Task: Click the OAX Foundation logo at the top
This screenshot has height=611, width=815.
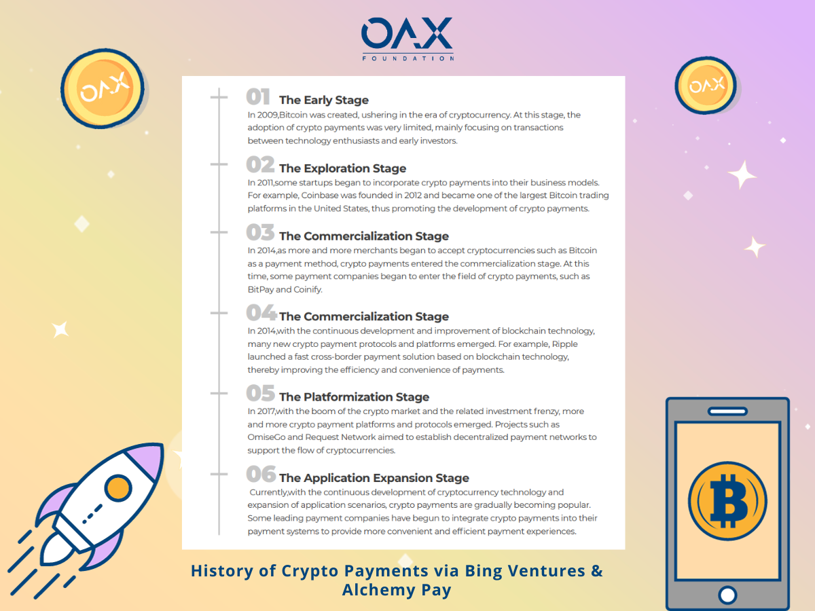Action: pyautogui.click(x=407, y=39)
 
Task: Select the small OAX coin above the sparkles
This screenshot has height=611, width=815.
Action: pyautogui.click(x=706, y=86)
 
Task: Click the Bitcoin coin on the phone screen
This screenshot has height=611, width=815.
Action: pyautogui.click(x=727, y=500)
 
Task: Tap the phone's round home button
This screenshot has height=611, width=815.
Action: pyautogui.click(x=727, y=595)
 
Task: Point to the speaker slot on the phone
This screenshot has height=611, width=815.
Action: pyautogui.click(x=727, y=411)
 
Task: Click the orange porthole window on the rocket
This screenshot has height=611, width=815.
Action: pyautogui.click(x=118, y=488)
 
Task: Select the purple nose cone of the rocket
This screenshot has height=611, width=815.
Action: pyautogui.click(x=147, y=461)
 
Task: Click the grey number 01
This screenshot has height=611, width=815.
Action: pyautogui.click(x=257, y=97)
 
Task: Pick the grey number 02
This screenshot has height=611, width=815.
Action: pyautogui.click(x=260, y=164)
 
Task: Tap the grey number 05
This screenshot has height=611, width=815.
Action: pyautogui.click(x=260, y=393)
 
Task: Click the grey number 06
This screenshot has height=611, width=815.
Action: pyautogui.click(x=261, y=474)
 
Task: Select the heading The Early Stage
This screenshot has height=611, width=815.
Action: pyautogui.click(x=324, y=100)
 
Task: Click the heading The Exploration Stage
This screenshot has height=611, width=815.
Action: pyautogui.click(x=343, y=168)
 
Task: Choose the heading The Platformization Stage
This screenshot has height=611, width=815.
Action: pyautogui.click(x=355, y=397)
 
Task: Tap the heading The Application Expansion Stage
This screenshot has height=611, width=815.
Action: pyautogui.click(x=374, y=478)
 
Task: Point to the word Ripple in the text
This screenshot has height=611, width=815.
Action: pyautogui.click(x=565, y=344)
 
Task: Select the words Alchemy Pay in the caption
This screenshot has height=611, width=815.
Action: pyautogui.click(x=397, y=589)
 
